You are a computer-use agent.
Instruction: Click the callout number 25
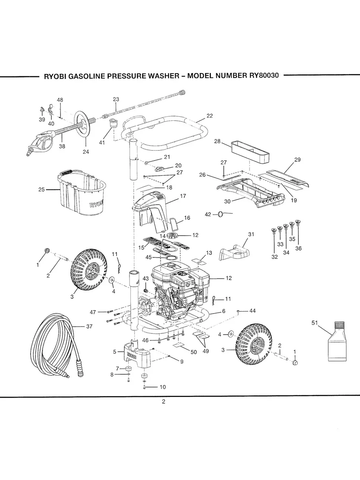click(41, 190)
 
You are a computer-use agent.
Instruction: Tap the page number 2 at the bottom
click(163, 401)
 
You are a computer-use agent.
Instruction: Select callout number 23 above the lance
click(116, 99)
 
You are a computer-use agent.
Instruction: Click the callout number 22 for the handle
click(209, 116)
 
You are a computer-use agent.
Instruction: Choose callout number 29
click(298, 160)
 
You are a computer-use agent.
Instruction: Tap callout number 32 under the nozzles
click(275, 257)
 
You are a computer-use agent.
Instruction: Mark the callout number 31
click(251, 234)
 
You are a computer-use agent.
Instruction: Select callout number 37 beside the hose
click(89, 326)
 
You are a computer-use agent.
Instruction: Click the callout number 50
click(194, 352)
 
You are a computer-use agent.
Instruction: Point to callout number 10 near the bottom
click(163, 387)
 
